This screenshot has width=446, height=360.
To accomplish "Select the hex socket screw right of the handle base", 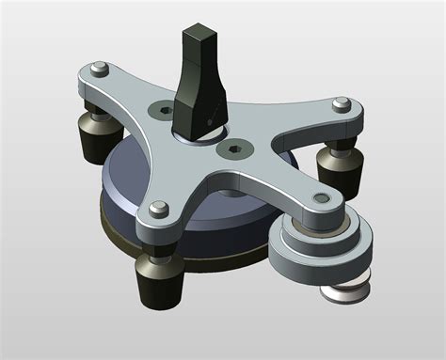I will [233, 148].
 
